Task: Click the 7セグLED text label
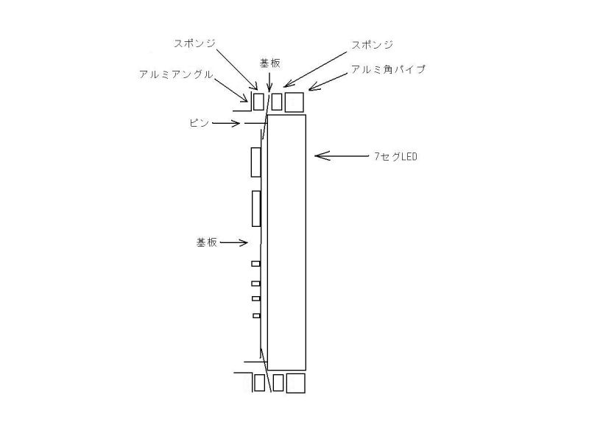pyautogui.click(x=395, y=156)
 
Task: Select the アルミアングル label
pyautogui.click(x=176, y=74)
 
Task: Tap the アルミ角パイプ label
pyautogui.click(x=388, y=69)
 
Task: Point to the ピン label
pyautogui.click(x=199, y=123)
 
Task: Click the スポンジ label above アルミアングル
pyautogui.click(x=194, y=43)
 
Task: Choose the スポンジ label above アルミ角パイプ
pyautogui.click(x=373, y=45)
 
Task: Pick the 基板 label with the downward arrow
pyautogui.click(x=270, y=63)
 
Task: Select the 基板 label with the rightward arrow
pyautogui.click(x=207, y=242)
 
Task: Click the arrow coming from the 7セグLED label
pyautogui.click(x=342, y=155)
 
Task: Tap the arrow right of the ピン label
pyautogui.click(x=226, y=123)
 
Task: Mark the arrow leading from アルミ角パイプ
pyautogui.click(x=328, y=81)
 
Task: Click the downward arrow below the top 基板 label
pyautogui.click(x=269, y=82)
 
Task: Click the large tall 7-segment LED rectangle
pyautogui.click(x=286, y=242)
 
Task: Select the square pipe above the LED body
pyautogui.click(x=294, y=102)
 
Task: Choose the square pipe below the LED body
pyautogui.click(x=296, y=383)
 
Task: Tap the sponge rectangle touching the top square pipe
pyautogui.click(x=277, y=102)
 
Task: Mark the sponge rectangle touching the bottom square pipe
pyautogui.click(x=278, y=382)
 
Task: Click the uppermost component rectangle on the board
pyautogui.click(x=255, y=162)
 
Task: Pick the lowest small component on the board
pyautogui.click(x=256, y=316)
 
